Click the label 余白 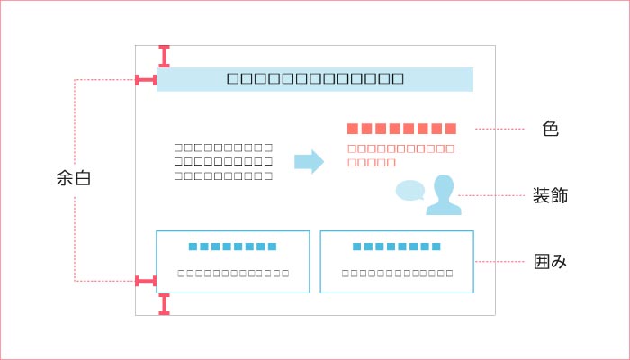point(73,179)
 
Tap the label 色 point(551,129)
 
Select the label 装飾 point(551,194)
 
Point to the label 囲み point(551,262)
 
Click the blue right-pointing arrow point(309,162)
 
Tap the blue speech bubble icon point(410,191)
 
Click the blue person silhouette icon point(443,196)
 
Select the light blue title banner point(315,78)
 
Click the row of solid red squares point(401,129)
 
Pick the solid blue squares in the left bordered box point(232,246)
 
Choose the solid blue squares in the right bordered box point(397,246)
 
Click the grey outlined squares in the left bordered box point(233,273)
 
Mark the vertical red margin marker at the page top point(164,56)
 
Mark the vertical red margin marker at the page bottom point(164,304)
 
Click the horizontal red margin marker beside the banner point(146,80)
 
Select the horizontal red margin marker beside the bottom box point(146,282)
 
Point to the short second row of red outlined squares point(372,163)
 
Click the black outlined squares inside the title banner point(315,78)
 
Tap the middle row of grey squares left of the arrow point(223,161)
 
